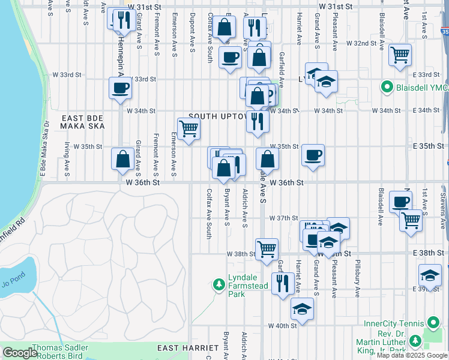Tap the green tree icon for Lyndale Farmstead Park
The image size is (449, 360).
pyautogui.click(x=220, y=283)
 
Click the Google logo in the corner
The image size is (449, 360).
pyautogui.click(x=19, y=353)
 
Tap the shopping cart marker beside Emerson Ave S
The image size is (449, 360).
pyautogui.click(x=189, y=128)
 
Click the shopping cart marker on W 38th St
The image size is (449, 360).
pyautogui.click(x=267, y=248)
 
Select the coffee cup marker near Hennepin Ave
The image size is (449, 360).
pyautogui.click(x=120, y=88)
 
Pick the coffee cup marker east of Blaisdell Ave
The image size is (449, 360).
pyautogui.click(x=400, y=201)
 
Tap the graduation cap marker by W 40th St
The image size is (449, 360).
pyautogui.click(x=302, y=310)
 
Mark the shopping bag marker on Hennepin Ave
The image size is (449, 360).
pyautogui.click(x=122, y=159)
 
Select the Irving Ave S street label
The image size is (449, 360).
pyautogui.click(x=67, y=154)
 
